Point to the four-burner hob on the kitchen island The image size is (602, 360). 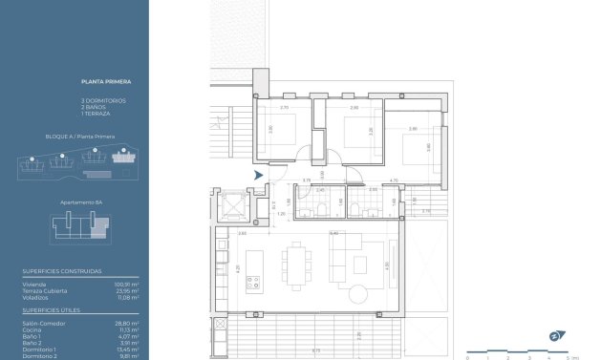[x=255, y=282]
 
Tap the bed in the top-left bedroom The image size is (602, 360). [x=286, y=128]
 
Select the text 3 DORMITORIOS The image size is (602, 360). [x=103, y=100]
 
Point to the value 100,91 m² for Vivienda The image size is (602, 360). [x=128, y=284]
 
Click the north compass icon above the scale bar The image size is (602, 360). [x=555, y=335]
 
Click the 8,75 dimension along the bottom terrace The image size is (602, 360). [x=316, y=350]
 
